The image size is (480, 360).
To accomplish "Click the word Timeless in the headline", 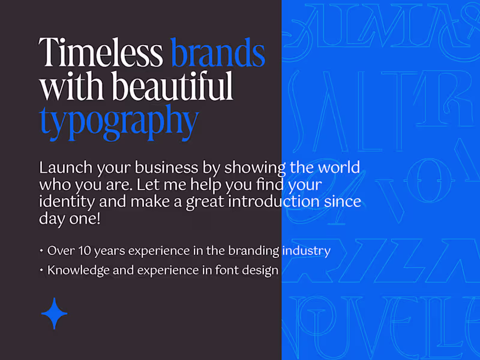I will (101, 53).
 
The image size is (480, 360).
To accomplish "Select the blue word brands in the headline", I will (218, 53).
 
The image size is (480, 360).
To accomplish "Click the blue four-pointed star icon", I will (54, 313).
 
